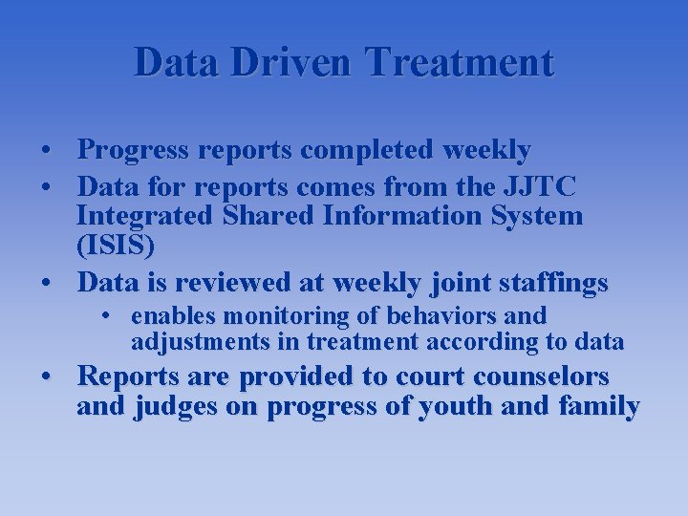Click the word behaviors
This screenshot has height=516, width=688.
tap(439, 315)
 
